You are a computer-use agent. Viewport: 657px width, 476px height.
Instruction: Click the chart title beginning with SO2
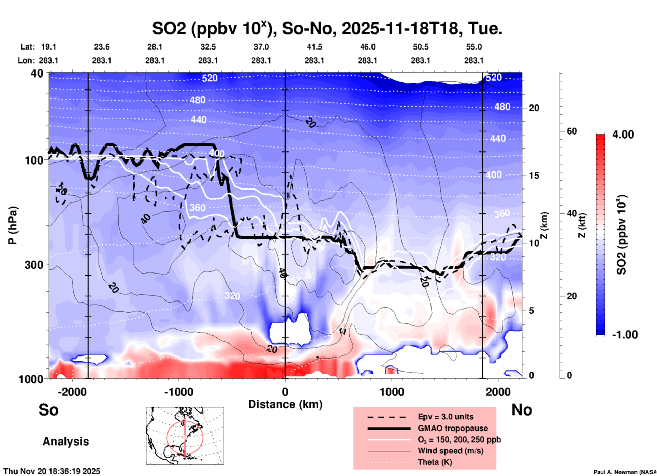(x=327, y=28)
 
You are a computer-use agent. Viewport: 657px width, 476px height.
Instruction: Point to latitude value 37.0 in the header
(x=261, y=47)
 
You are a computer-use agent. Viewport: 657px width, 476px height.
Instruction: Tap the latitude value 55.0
(x=473, y=47)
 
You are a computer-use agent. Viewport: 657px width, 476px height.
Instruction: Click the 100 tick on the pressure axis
(x=34, y=160)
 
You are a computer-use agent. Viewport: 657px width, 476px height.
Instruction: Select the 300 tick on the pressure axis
(x=34, y=265)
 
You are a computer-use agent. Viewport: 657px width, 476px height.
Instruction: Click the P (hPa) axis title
(x=13, y=225)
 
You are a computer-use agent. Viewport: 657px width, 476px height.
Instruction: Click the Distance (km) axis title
(x=285, y=404)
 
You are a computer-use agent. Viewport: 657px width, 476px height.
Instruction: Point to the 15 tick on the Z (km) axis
(x=534, y=176)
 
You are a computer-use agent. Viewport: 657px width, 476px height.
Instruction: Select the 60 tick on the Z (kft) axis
(x=572, y=131)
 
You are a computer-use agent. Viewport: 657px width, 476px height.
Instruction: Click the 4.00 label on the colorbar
(x=623, y=135)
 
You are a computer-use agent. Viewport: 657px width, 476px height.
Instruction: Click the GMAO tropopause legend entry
(x=453, y=428)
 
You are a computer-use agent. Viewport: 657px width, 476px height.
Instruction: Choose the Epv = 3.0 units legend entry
(x=446, y=417)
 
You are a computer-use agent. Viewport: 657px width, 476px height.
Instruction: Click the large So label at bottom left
(x=48, y=410)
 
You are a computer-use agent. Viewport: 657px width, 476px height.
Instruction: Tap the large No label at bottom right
(x=522, y=410)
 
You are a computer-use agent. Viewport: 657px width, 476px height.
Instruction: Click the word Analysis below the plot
(x=65, y=442)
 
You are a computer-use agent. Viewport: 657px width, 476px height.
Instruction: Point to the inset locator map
(x=185, y=436)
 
